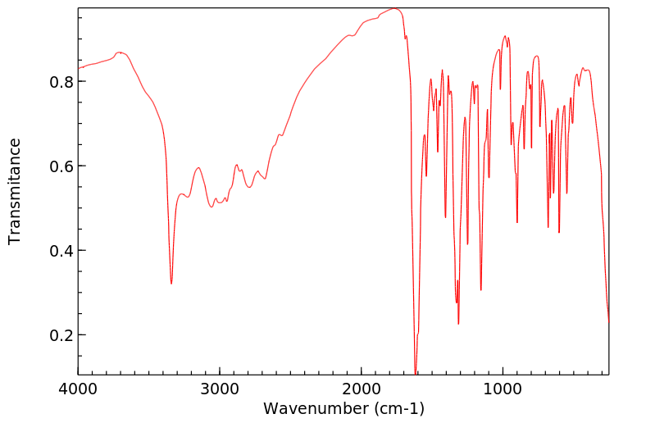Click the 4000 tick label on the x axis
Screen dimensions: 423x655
tap(79, 390)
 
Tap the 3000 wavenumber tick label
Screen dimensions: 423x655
tap(220, 390)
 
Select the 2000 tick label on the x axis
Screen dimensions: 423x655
tap(362, 390)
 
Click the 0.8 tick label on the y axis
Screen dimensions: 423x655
tap(62, 82)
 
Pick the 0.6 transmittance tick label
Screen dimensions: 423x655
tap(62, 166)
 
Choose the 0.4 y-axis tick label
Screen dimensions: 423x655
tap(62, 251)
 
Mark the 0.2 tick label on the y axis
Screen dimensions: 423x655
tap(62, 335)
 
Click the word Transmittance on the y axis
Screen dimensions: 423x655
tap(15, 191)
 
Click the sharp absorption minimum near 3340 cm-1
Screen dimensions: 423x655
tap(171, 284)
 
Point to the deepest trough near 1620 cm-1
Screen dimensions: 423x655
tap(416, 373)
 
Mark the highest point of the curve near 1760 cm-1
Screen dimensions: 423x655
tap(394, 9)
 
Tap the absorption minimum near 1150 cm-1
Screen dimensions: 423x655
tap(481, 289)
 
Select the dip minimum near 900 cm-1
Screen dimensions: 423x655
tap(517, 222)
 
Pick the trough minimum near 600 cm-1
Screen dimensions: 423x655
tap(559, 232)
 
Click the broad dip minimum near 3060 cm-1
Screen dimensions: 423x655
tap(212, 207)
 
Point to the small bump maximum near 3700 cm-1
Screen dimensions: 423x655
tap(121, 52)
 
